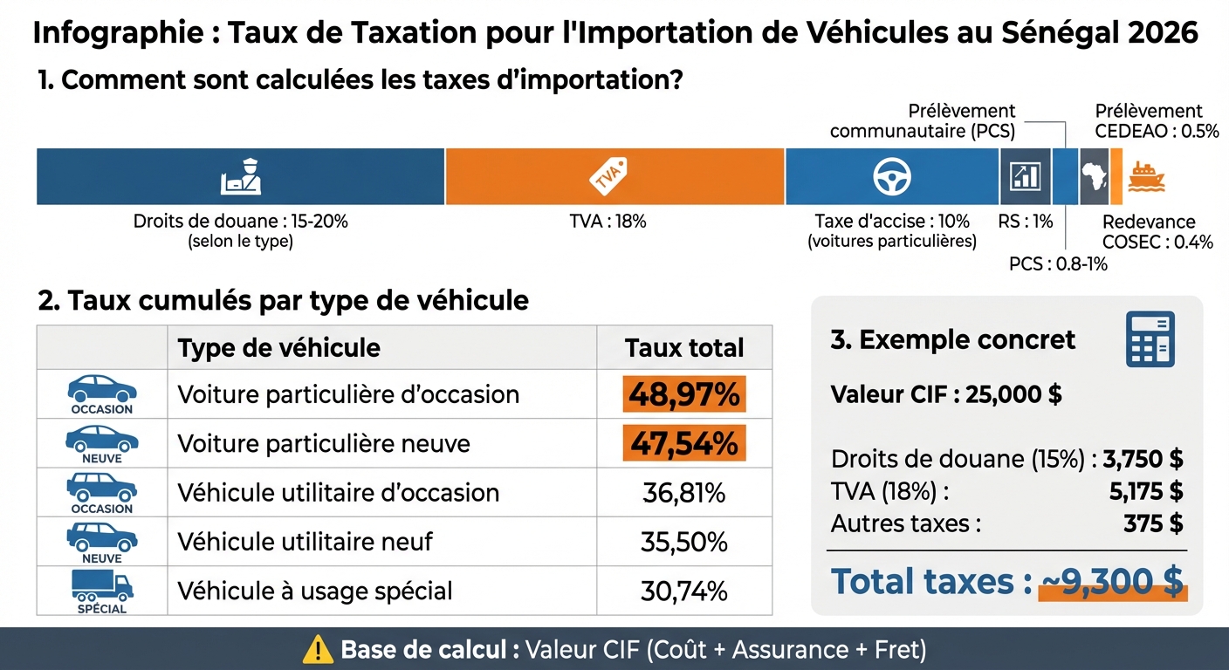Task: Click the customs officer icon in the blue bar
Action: pos(240,176)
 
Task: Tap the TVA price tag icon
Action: pos(608,176)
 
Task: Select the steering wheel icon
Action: pos(891,176)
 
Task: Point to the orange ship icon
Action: pos(1145,176)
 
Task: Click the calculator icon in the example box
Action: pos(1150,338)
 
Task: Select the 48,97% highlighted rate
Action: pos(684,394)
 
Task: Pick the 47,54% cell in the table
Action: pos(684,443)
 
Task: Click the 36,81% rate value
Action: pos(684,493)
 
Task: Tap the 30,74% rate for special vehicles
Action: pos(684,591)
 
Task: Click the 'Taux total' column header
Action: pos(684,349)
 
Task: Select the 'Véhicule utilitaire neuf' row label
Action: pos(306,542)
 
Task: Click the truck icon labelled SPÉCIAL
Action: pos(101,587)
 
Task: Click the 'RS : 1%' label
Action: pos(1026,222)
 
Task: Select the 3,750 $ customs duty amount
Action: pos(1143,460)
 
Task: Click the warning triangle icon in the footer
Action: pos(318,650)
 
